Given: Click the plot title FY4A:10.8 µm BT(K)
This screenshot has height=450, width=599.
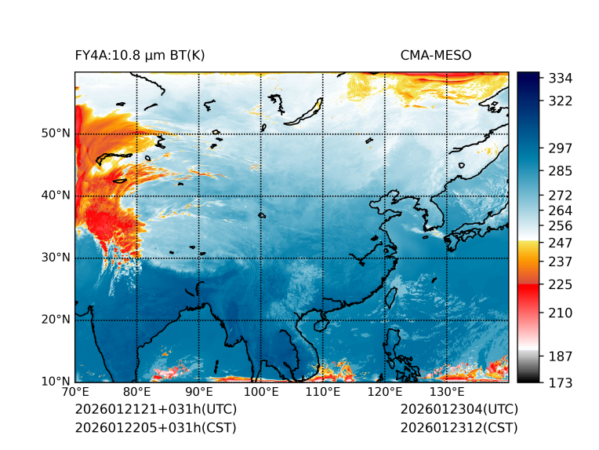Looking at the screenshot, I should click(x=140, y=55).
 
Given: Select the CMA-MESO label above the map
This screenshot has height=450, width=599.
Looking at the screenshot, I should click(x=435, y=55).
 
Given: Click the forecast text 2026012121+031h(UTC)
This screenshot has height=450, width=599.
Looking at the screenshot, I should click(x=155, y=410).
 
